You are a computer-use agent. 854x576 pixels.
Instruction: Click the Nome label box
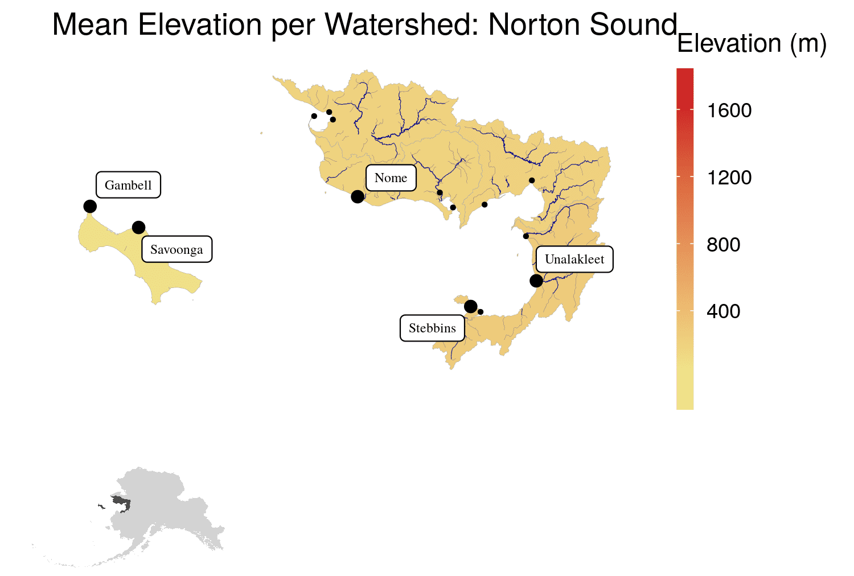click(x=391, y=178)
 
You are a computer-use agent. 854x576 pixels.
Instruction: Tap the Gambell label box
click(x=128, y=185)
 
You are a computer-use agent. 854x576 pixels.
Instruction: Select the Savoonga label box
click(x=176, y=249)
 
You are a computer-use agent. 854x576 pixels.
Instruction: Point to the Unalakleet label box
click(x=574, y=260)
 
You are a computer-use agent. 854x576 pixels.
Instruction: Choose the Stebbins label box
click(x=432, y=328)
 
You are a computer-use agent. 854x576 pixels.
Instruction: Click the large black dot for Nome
click(x=358, y=196)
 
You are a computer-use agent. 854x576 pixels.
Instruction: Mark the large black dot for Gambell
click(x=90, y=206)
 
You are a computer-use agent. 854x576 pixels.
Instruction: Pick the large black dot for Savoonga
click(x=138, y=228)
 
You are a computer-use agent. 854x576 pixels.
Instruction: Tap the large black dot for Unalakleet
click(x=536, y=281)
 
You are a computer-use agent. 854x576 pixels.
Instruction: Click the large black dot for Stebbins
click(x=470, y=307)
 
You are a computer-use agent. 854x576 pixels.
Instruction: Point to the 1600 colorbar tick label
click(x=729, y=110)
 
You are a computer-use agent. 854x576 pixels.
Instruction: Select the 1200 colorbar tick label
click(x=729, y=178)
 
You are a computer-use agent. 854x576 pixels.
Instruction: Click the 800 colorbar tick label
click(x=723, y=245)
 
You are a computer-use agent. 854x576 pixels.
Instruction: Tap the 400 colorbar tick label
click(x=723, y=311)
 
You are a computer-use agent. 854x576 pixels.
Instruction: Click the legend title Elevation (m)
click(x=752, y=44)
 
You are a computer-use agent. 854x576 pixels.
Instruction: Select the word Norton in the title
click(x=533, y=24)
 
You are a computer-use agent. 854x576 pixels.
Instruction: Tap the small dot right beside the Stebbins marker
click(x=481, y=312)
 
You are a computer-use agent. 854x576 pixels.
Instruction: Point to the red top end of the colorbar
click(x=685, y=73)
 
